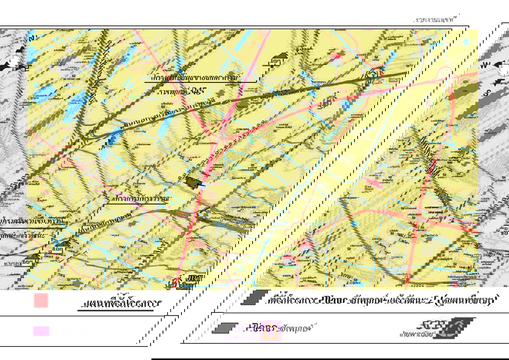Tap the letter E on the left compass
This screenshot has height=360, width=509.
coord(27,68)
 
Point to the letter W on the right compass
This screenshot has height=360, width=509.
coord(487,65)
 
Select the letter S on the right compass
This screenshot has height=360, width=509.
coord(488,93)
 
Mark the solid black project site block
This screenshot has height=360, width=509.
coord(193,183)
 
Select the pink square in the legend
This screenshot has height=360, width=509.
coord(41,301)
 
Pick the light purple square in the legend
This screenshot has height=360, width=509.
coord(41,331)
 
